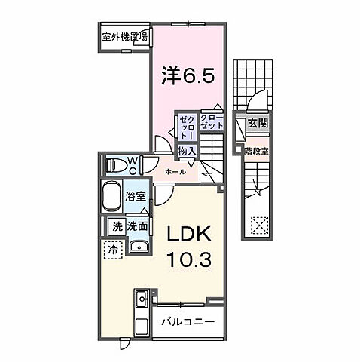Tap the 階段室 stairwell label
[255, 149]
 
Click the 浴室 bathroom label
[136, 195]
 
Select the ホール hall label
[175, 172]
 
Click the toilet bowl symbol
[113, 164]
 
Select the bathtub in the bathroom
[112, 196]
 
